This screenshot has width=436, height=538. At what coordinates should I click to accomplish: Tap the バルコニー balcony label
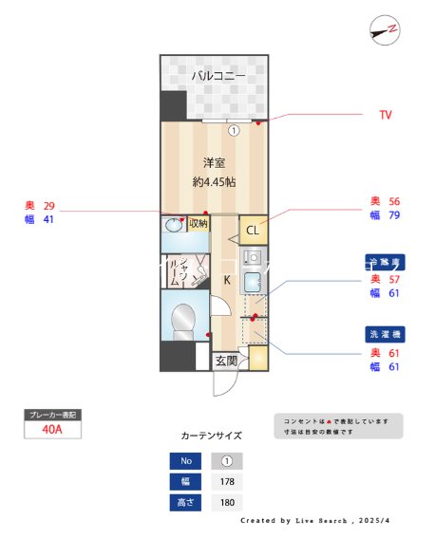coord(218,75)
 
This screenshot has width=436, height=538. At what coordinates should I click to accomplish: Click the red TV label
coord(386,115)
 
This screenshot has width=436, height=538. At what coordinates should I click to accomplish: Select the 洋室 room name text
coord(213,161)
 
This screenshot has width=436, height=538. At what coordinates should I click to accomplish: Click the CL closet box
coord(254,231)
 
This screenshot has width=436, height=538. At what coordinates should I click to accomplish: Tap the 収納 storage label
coord(199,224)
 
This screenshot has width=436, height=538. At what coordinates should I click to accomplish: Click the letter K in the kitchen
coord(228,280)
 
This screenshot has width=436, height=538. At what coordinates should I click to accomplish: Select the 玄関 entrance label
coord(226,361)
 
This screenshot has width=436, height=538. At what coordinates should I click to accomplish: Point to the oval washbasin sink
coord(174,226)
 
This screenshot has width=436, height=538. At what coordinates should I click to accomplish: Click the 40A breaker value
coord(53,429)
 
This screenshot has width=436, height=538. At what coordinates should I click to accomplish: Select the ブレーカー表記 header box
coord(53,415)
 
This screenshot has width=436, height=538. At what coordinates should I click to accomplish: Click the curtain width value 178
coord(226,482)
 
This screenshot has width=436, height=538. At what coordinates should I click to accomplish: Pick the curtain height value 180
coord(226,502)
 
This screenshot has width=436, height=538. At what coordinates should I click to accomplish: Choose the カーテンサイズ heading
coord(211,436)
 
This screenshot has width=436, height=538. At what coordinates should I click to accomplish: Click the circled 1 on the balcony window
coord(232,131)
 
